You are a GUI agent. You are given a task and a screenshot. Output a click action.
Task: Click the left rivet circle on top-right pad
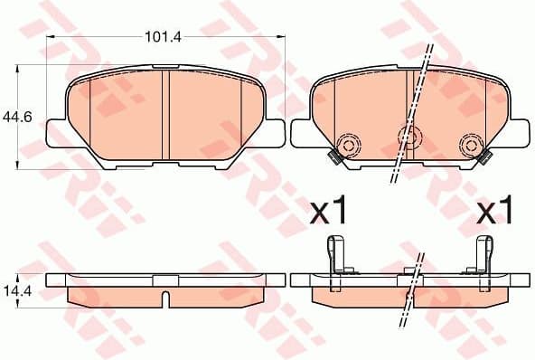[x=347, y=144]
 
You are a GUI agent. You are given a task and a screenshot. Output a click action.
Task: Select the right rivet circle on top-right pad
[x=471, y=144]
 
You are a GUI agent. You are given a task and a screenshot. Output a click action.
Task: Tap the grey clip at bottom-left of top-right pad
[x=333, y=159]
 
